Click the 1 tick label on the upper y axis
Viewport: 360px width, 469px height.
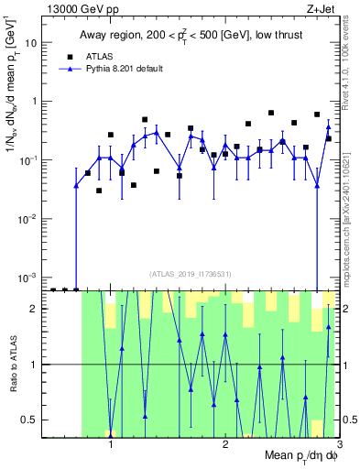pos(38,102)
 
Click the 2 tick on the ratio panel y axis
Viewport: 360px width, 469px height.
pos(38,309)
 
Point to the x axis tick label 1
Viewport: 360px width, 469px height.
pos(111,444)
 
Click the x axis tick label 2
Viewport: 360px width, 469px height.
pos(225,444)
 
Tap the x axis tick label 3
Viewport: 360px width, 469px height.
pos(338,444)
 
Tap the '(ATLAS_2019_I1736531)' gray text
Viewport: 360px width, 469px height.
pos(191,273)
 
